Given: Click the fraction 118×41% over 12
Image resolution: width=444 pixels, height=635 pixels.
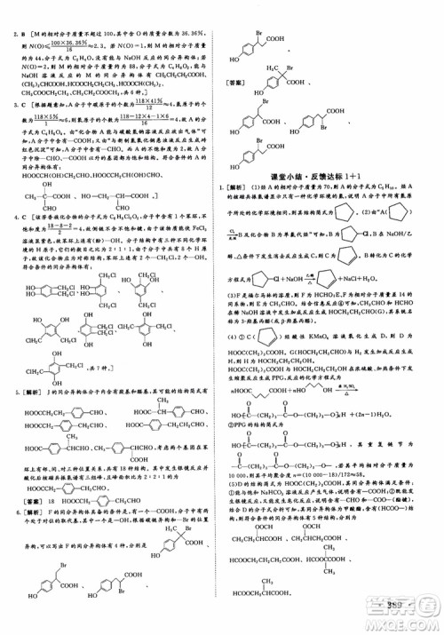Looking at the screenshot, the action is pos(133,105).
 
